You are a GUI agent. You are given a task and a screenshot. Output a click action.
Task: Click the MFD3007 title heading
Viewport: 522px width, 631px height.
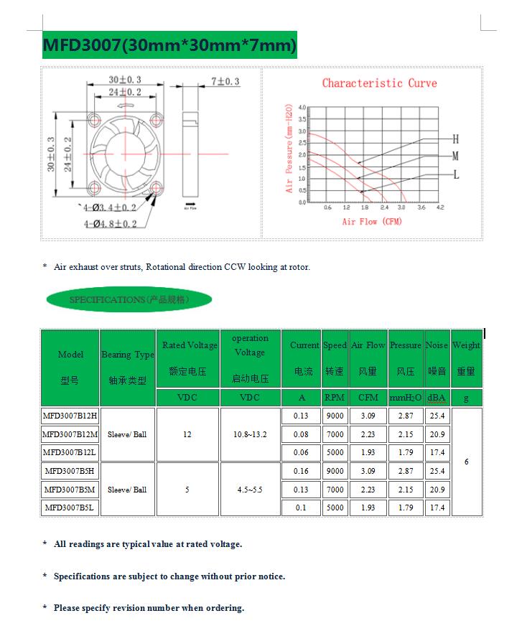click(x=169, y=45)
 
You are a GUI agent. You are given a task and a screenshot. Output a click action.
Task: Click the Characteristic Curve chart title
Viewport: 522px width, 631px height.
click(x=379, y=83)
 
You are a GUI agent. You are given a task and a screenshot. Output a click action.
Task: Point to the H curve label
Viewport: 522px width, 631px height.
click(x=455, y=139)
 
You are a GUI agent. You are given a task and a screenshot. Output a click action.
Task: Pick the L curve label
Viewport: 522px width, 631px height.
click(x=455, y=174)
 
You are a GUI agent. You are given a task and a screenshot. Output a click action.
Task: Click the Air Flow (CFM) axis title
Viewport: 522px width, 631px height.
click(x=372, y=222)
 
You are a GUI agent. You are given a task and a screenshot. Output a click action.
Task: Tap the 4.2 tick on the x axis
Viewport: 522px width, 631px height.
click(x=440, y=207)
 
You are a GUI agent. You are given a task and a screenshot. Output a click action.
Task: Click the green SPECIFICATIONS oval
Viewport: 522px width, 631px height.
click(x=129, y=299)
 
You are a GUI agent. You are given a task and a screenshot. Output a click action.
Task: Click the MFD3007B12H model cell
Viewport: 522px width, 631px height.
click(x=70, y=416)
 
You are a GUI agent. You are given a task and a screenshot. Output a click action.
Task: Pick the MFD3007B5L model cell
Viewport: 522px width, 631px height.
click(x=70, y=508)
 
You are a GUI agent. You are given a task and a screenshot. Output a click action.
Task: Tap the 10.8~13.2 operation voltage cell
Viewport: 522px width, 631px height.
click(x=250, y=434)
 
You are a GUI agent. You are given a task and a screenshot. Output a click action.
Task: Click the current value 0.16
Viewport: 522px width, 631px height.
click(x=301, y=471)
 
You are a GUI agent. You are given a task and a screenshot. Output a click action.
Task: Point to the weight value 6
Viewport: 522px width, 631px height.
click(x=467, y=462)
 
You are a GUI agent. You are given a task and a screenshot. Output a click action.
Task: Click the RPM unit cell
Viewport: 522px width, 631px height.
click(x=335, y=397)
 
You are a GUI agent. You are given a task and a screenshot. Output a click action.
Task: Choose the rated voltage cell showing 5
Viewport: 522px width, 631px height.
click(x=187, y=490)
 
